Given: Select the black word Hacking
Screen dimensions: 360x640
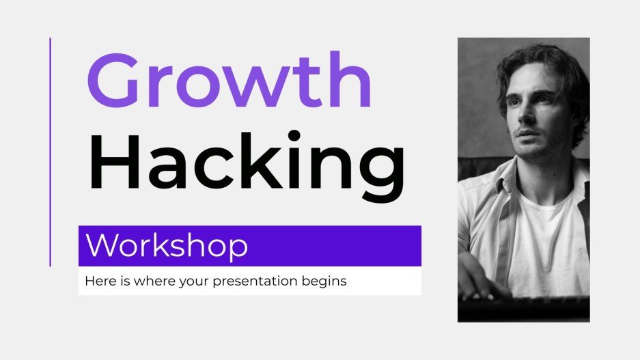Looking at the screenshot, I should coord(247,163).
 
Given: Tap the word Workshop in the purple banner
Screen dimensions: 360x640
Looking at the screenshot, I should coord(167,246).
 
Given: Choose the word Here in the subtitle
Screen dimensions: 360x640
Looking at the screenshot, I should coord(97,281).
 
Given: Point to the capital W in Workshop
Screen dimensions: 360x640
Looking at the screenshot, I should coord(102,246).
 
